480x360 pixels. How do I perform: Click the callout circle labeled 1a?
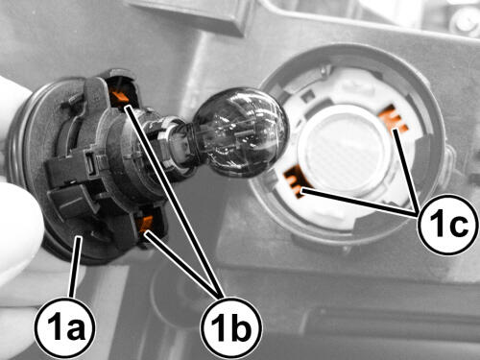tap(65, 328)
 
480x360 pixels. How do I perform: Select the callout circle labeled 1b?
tap(231, 328)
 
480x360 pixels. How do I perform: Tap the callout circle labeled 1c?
tap(448, 224)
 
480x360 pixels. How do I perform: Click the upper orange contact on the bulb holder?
tap(120, 95)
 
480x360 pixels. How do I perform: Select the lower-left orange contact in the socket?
tap(297, 181)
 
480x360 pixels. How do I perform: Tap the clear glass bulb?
tap(240, 132)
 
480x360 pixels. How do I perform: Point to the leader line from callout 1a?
tap(76, 267)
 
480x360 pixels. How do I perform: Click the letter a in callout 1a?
tap(75, 330)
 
